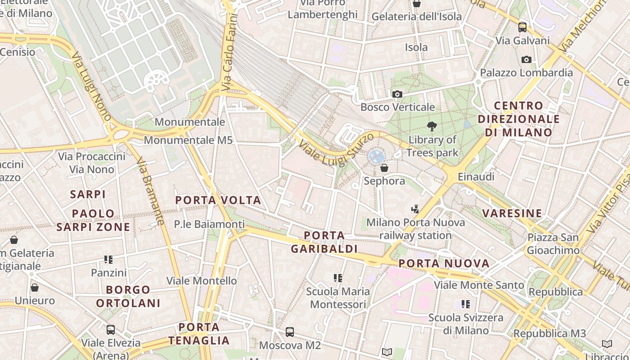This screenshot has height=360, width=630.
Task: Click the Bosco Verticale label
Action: click(x=397, y=107)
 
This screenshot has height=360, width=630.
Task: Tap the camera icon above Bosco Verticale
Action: click(x=397, y=94)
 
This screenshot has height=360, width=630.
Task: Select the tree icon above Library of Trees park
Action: click(x=432, y=126)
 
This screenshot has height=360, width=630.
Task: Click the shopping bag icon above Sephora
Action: click(x=384, y=168)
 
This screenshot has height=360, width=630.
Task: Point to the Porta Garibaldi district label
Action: click(x=324, y=242)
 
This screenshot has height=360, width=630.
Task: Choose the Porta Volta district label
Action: click(x=218, y=200)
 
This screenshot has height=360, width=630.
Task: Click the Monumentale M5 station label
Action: click(x=188, y=140)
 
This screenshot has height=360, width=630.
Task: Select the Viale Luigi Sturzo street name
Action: click(x=336, y=148)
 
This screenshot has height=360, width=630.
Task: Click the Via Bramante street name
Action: click(x=150, y=191)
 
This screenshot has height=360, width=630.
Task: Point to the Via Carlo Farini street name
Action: click(x=229, y=52)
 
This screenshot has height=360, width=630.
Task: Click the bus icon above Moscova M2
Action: click(x=290, y=332)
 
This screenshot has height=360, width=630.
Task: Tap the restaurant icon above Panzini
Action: click(x=108, y=260)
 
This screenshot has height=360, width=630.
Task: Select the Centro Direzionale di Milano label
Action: click(x=518, y=119)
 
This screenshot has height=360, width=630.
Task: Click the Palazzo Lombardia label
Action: click(x=526, y=73)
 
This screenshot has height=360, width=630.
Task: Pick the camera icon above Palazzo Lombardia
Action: click(x=526, y=59)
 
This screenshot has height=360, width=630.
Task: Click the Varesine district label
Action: click(x=512, y=213)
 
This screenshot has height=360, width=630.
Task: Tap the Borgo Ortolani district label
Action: click(x=128, y=296)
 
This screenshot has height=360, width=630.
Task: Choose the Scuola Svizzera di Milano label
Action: click(x=466, y=324)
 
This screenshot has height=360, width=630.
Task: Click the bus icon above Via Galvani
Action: click(x=522, y=27)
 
